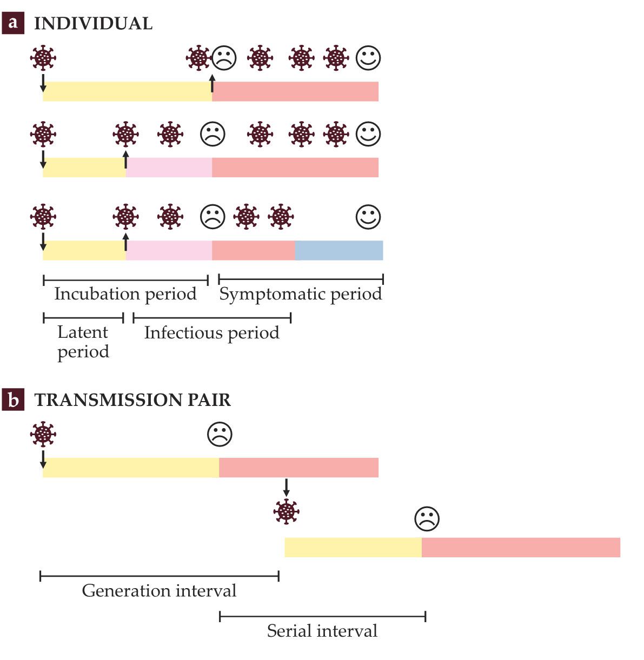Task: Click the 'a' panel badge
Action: pyautogui.click(x=13, y=23)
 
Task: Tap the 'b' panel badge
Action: pyautogui.click(x=13, y=399)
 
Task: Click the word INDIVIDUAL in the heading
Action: pyautogui.click(x=93, y=24)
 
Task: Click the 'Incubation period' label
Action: pyautogui.click(x=125, y=294)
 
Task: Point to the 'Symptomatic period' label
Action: pyautogui.click(x=300, y=294)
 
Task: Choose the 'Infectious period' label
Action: pyautogui.click(x=211, y=332)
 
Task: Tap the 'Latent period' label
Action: pyautogui.click(x=83, y=342)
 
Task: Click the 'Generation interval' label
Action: pyautogui.click(x=159, y=590)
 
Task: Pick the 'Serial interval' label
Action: pyautogui.click(x=322, y=631)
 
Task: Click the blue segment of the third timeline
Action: pyautogui.click(x=339, y=250)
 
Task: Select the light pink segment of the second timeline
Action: pyautogui.click(x=169, y=168)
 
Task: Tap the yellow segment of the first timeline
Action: pyautogui.click(x=127, y=91)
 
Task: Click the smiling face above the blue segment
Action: pyautogui.click(x=368, y=217)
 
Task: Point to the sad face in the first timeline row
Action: pyautogui.click(x=224, y=58)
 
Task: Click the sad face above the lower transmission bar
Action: pyautogui.click(x=427, y=519)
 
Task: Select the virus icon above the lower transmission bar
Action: pyautogui.click(x=286, y=511)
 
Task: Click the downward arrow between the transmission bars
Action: pyautogui.click(x=286, y=486)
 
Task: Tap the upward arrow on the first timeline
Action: pyautogui.click(x=212, y=84)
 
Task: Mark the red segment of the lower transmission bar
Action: pyautogui.click(x=520, y=547)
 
